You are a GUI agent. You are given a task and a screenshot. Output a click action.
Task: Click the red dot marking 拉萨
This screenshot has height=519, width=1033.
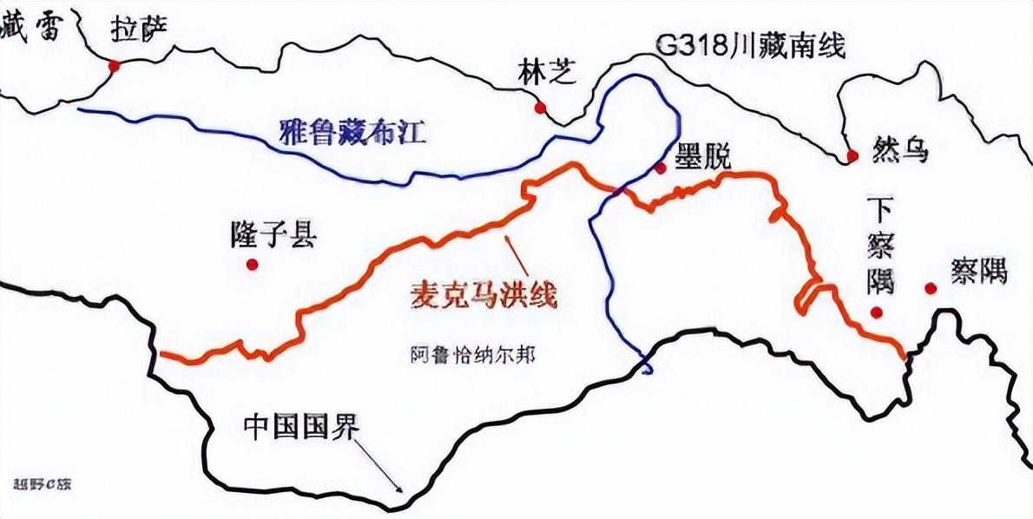[x=113, y=66]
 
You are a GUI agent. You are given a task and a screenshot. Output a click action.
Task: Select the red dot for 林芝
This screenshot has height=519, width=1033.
[x=541, y=108]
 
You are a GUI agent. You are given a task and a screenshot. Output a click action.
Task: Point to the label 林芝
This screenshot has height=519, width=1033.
[x=546, y=72]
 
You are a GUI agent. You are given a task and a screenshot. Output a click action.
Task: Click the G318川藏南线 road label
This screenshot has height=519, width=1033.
[x=750, y=45]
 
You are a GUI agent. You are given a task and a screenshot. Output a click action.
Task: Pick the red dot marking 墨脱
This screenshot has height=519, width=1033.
[x=661, y=168]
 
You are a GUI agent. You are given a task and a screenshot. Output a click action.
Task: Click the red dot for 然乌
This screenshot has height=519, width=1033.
[x=852, y=156]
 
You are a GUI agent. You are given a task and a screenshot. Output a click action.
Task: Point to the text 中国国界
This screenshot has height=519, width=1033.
[x=300, y=427]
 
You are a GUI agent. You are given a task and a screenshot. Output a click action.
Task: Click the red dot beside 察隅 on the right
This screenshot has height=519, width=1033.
[x=931, y=288]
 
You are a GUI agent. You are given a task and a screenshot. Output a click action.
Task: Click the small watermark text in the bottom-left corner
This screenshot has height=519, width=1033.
[x=43, y=483]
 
